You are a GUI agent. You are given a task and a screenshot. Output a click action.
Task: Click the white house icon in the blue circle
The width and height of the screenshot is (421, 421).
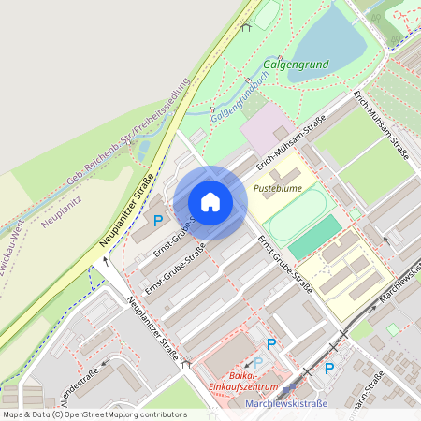[x=210, y=201]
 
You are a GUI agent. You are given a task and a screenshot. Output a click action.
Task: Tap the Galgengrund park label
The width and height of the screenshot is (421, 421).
[x=297, y=65]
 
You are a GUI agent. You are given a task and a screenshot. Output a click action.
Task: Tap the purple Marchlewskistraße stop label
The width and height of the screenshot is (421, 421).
[x=284, y=403]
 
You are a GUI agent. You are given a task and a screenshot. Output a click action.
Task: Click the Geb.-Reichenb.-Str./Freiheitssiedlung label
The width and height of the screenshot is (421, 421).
[x=130, y=132]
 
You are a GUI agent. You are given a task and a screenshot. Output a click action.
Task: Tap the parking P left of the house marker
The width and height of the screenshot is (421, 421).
[x=158, y=222]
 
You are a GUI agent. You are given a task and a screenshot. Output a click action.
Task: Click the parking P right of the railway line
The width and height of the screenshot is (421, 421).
[x=328, y=368]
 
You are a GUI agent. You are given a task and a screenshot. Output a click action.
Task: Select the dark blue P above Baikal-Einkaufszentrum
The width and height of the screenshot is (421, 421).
[x=271, y=344]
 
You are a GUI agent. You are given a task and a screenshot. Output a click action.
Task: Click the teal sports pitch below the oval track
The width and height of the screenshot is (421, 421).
[x=315, y=238]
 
